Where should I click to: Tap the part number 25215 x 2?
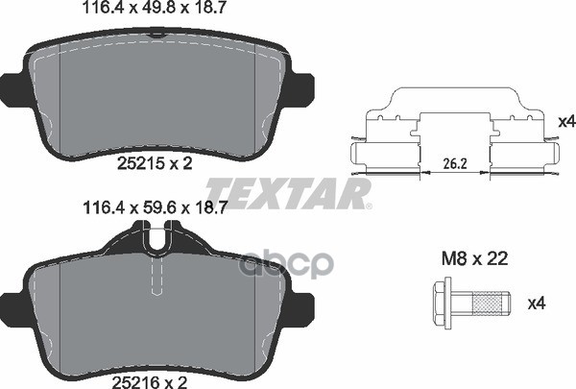(x=156, y=164)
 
